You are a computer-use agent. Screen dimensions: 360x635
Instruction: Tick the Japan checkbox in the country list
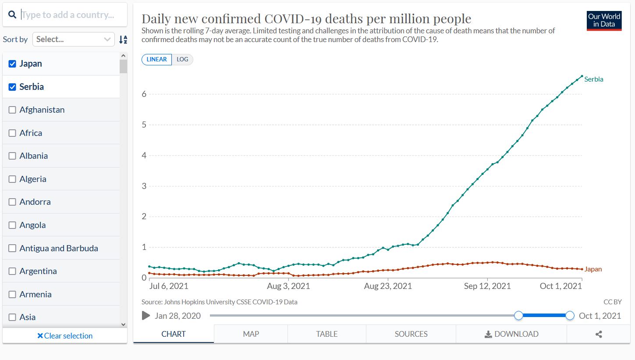pyautogui.click(x=12, y=64)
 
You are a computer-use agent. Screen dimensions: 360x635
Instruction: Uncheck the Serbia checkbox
pyautogui.click(x=12, y=87)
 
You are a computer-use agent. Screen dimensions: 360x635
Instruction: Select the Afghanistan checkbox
pyautogui.click(x=12, y=110)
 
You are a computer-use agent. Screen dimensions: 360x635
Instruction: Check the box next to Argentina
pyautogui.click(x=12, y=271)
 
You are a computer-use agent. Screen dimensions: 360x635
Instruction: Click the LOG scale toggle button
pyautogui.click(x=182, y=60)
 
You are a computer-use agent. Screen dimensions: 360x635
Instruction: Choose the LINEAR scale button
pyautogui.click(x=156, y=60)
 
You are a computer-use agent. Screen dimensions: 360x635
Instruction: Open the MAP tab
pyautogui.click(x=251, y=334)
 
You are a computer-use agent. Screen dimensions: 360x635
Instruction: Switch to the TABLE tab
pyautogui.click(x=326, y=334)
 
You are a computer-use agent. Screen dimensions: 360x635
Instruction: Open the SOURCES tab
pyautogui.click(x=411, y=334)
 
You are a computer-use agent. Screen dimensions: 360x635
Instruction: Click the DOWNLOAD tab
pyautogui.click(x=511, y=334)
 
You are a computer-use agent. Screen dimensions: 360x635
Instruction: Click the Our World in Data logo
pyautogui.click(x=604, y=21)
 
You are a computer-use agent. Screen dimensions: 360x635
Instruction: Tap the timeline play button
pyautogui.click(x=146, y=316)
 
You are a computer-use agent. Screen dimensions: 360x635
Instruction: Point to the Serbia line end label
pyautogui.click(x=594, y=79)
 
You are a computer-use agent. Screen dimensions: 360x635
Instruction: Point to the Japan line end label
pyautogui.click(x=593, y=269)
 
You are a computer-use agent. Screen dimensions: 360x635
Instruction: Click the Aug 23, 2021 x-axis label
pyautogui.click(x=388, y=286)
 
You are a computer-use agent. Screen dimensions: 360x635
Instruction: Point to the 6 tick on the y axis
pyautogui.click(x=144, y=94)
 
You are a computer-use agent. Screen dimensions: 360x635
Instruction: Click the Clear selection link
pyautogui.click(x=65, y=336)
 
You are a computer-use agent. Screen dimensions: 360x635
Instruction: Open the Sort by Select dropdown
pyautogui.click(x=74, y=39)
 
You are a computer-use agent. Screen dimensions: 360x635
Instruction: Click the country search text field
pyautogui.click(x=70, y=15)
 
